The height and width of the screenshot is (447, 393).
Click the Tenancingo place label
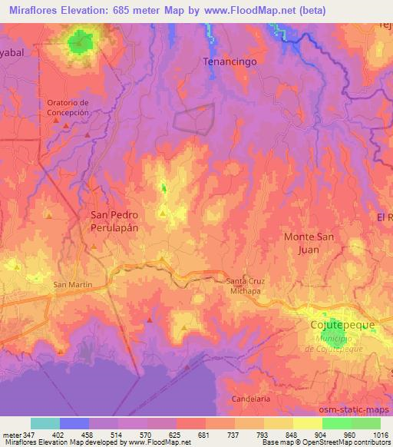(x=229, y=60)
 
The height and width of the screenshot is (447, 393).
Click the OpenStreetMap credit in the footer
(x=342, y=442)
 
